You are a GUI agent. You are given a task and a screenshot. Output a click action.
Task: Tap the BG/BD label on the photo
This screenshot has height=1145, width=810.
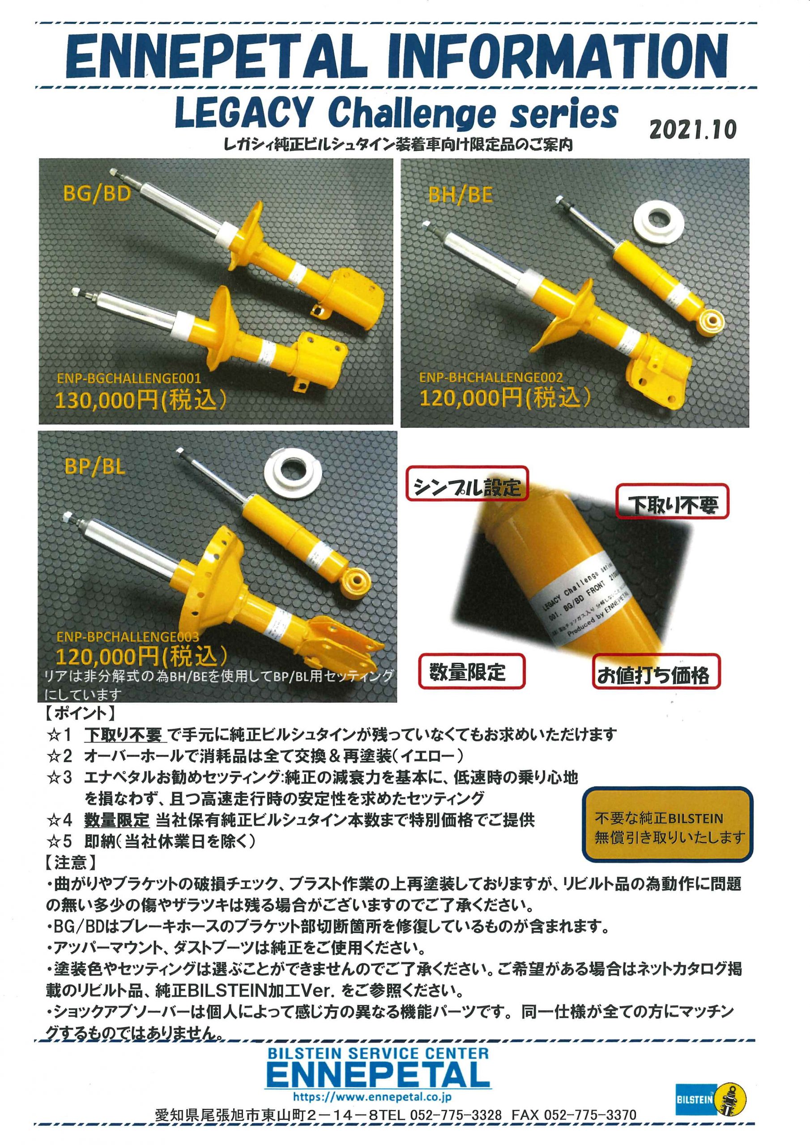coord(97,193)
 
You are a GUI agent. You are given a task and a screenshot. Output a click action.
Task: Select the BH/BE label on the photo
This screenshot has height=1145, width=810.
coord(460,195)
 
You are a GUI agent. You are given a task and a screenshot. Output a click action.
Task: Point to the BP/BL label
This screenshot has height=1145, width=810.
coord(94,467)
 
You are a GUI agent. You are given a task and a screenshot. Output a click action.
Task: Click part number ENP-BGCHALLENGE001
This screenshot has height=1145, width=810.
coord(129,378)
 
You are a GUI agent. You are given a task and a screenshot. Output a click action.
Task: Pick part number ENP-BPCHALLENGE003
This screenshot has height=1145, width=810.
coord(127,637)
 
